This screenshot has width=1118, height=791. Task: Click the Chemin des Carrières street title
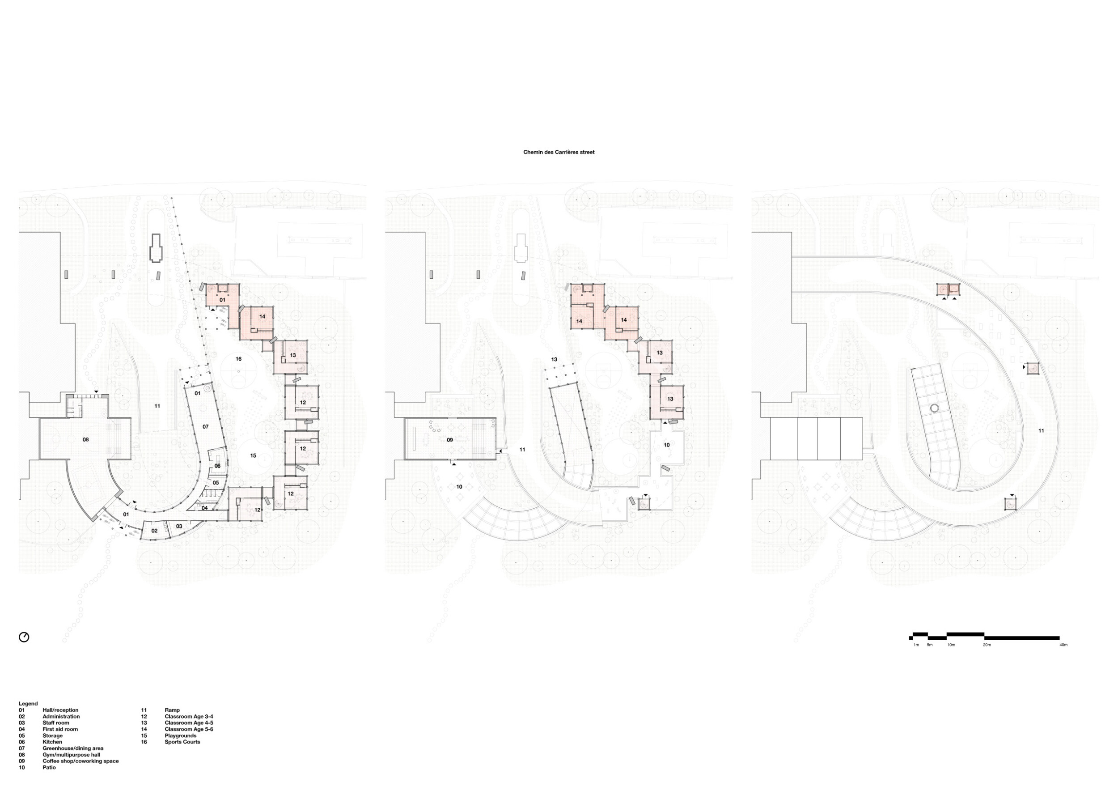point(559,152)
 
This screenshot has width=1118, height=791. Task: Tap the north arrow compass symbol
point(24,637)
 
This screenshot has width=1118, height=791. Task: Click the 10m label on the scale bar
point(951,645)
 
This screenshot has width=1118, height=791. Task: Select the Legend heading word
point(28,704)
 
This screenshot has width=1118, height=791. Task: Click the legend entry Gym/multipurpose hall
point(71,755)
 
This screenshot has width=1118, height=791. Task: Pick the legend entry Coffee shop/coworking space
point(80,761)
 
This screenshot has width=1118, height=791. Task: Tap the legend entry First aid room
point(60,729)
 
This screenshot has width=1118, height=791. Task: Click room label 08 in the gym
point(86,440)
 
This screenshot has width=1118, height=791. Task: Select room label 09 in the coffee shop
point(450,440)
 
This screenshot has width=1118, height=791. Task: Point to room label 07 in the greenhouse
point(205,427)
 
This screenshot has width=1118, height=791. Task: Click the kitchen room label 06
point(217,466)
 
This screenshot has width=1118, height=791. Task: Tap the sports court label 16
point(239,359)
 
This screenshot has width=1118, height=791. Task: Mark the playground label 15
point(253,456)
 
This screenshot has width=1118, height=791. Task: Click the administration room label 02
point(154,531)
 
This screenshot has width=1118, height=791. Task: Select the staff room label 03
point(179,526)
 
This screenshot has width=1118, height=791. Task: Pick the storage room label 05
point(216,483)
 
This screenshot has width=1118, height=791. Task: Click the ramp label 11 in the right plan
point(1041,430)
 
